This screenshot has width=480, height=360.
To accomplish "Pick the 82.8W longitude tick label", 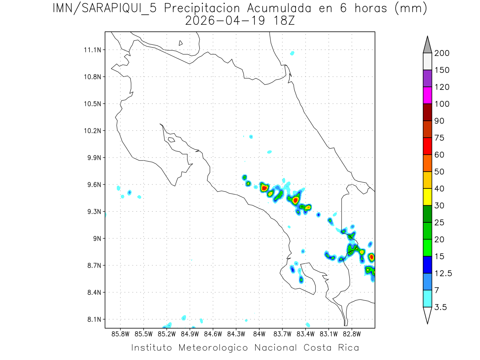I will tap(352, 333).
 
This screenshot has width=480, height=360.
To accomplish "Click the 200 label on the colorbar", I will tap(442, 53).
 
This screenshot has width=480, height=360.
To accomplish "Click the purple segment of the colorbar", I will tap(427, 78).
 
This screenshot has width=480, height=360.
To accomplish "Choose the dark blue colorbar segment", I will tap(427, 264).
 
